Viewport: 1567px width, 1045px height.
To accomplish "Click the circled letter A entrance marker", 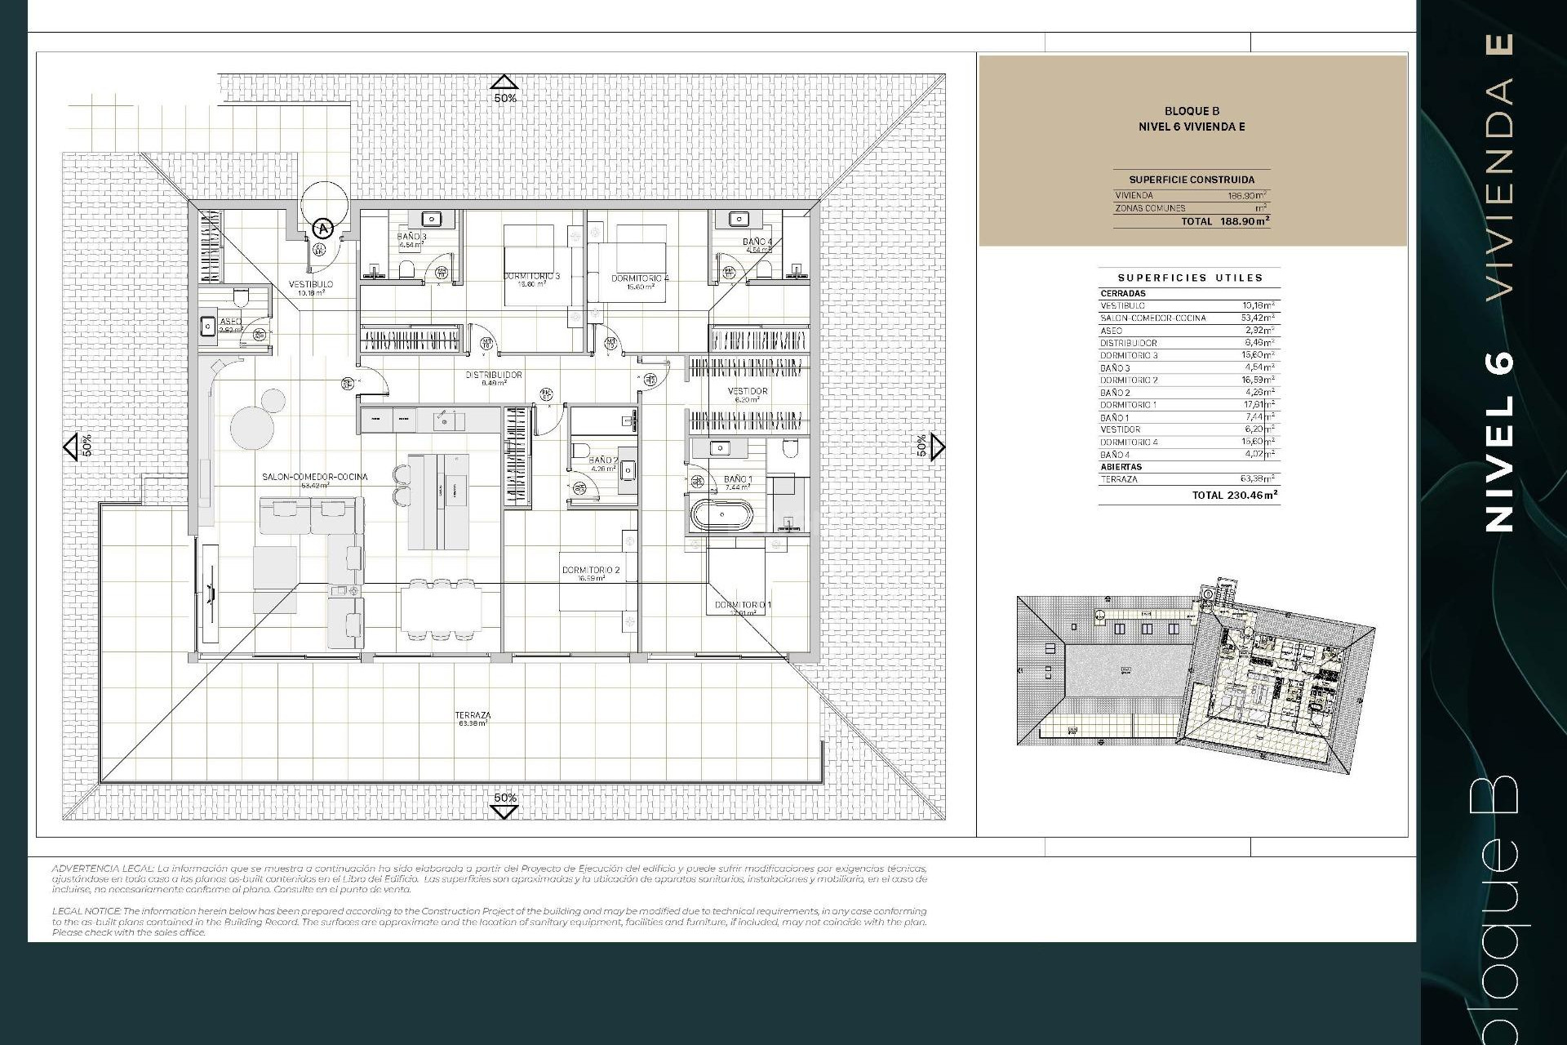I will click(324, 229).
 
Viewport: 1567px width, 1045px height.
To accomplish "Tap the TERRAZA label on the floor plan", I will click(473, 716).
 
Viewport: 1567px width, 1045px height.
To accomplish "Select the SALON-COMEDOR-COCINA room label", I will click(314, 477).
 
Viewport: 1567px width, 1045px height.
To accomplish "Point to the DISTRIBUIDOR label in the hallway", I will click(493, 376).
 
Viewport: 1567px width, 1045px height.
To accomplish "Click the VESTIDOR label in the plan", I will click(747, 392).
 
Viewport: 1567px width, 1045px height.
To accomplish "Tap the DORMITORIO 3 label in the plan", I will click(531, 277).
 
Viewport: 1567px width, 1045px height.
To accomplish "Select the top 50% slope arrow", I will click(504, 82).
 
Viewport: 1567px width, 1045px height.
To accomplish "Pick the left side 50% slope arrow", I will click(70, 447).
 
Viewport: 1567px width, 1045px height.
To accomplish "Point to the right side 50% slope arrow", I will click(937, 447).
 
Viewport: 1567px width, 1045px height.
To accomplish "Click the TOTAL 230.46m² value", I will click(1234, 495).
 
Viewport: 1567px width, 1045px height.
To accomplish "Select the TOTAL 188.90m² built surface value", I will click(1224, 221).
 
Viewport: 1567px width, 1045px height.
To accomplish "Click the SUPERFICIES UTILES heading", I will click(1190, 278).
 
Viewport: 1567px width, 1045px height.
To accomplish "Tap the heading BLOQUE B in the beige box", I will click(1192, 111).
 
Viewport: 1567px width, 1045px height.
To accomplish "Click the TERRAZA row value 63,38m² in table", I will click(1257, 479).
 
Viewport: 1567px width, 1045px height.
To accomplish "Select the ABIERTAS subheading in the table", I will click(1121, 467).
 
